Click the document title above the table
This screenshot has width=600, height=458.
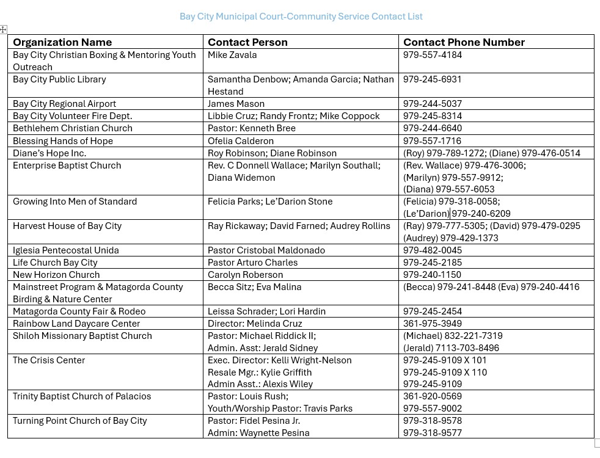(x=301, y=16)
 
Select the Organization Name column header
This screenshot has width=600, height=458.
(x=62, y=42)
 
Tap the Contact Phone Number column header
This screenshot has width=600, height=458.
(x=464, y=42)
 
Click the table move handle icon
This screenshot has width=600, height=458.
(x=4, y=29)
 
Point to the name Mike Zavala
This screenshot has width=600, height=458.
(x=232, y=55)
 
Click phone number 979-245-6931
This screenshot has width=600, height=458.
(x=432, y=79)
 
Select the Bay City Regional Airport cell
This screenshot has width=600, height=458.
(x=64, y=104)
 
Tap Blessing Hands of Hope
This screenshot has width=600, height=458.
(x=63, y=140)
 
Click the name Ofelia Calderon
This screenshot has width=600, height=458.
(x=241, y=140)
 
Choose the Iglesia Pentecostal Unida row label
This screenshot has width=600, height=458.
(x=66, y=250)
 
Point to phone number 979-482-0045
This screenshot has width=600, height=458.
(x=432, y=250)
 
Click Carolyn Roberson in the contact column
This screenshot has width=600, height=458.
(x=245, y=275)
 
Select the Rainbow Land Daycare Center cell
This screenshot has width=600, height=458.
(x=76, y=324)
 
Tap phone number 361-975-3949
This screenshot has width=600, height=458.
(x=432, y=324)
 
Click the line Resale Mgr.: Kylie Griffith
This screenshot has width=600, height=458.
(x=260, y=372)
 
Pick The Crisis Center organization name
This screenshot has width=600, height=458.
(x=49, y=360)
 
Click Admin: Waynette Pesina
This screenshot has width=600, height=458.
(x=258, y=433)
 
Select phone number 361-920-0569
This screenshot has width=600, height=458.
(x=432, y=396)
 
